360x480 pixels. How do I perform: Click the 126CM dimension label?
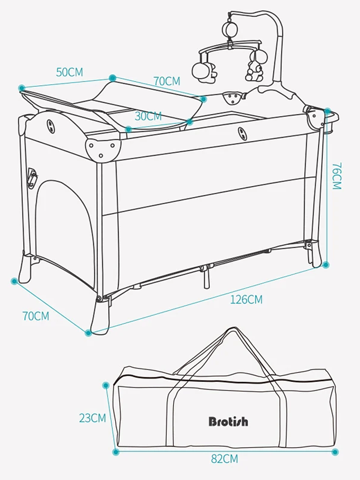click(246, 299)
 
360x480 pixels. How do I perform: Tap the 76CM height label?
click(336, 176)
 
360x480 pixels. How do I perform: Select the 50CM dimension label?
click(70, 72)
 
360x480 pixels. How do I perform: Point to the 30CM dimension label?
click(148, 116)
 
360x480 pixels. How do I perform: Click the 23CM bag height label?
click(92, 418)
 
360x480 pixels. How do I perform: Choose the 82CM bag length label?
click(225, 459)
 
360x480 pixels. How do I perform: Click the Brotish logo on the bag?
click(228, 421)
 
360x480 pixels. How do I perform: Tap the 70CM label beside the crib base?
click(36, 316)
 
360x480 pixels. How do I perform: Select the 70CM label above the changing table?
click(167, 81)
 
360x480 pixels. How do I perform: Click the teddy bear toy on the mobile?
click(254, 69)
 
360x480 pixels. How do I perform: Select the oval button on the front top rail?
click(243, 134)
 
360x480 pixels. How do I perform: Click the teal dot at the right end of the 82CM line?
click(335, 452)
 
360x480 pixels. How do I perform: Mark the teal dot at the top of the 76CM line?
click(327, 111)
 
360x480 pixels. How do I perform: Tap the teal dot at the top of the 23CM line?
click(106, 385)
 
